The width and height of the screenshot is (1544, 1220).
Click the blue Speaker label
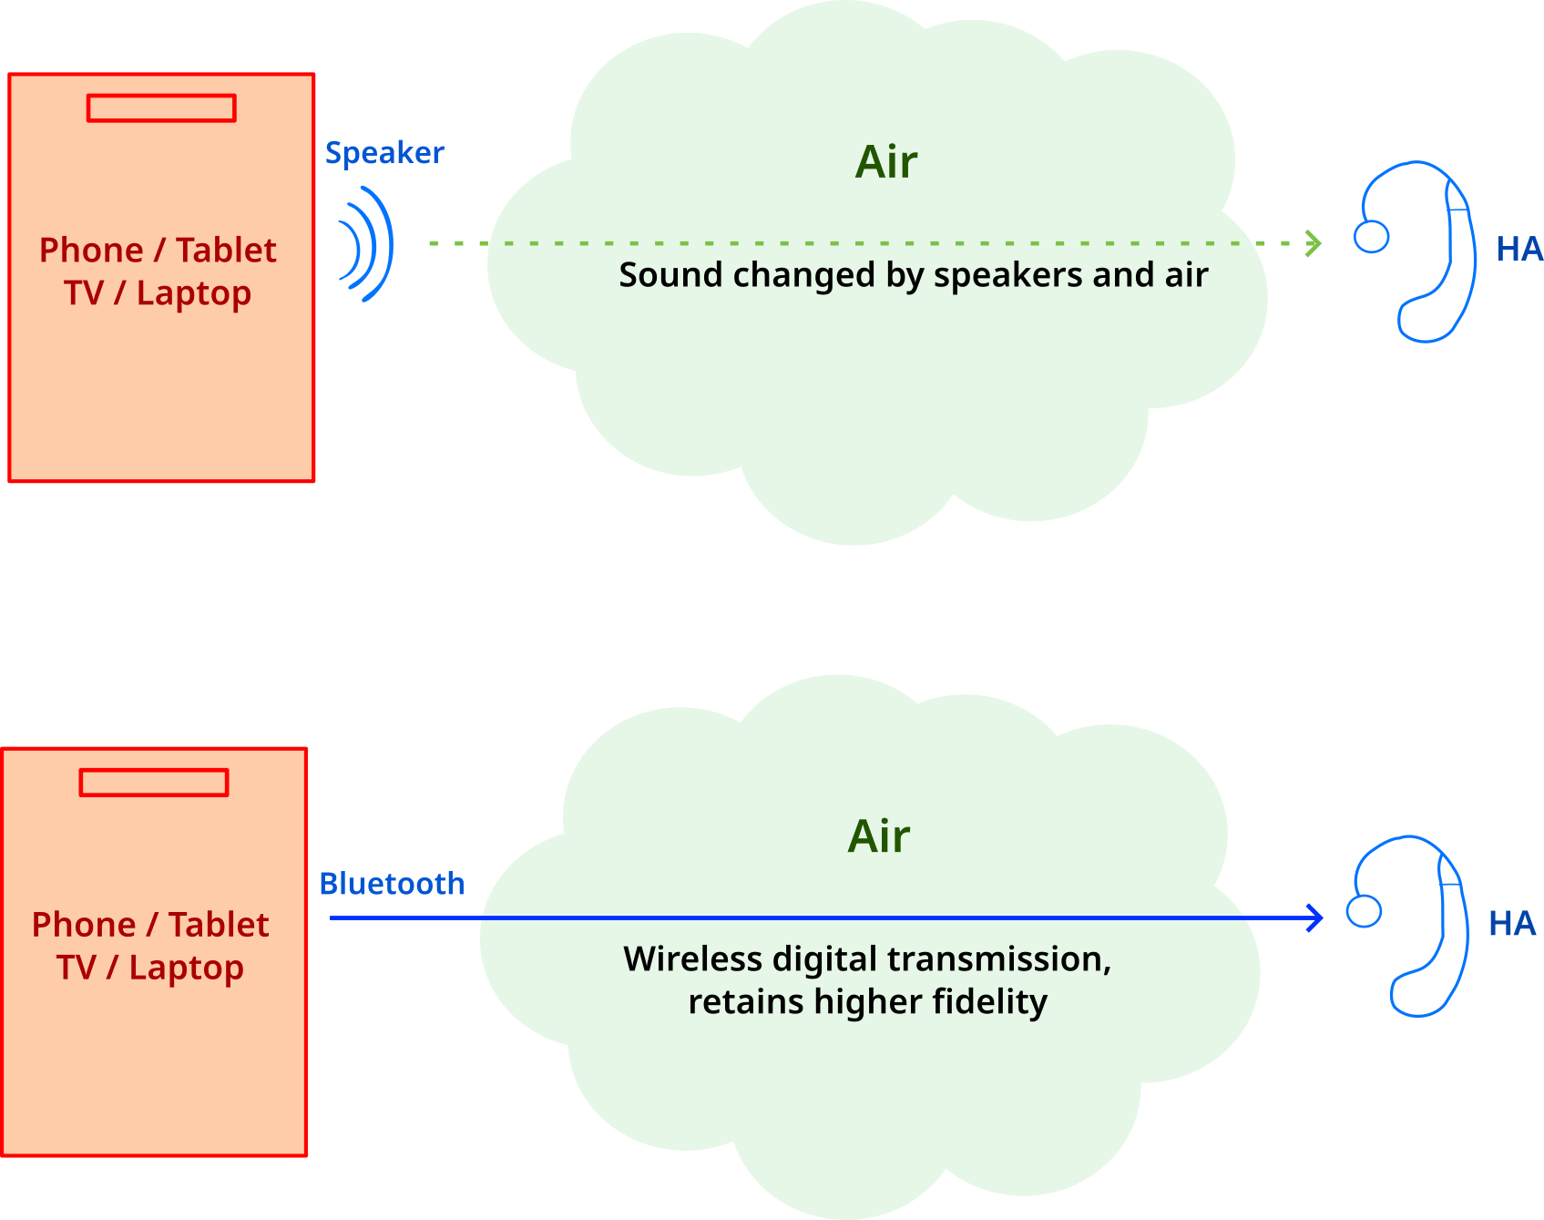click(384, 153)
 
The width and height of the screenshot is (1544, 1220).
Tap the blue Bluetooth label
click(392, 884)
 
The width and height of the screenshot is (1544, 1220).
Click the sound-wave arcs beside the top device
click(367, 243)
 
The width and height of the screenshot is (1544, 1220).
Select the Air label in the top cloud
click(886, 162)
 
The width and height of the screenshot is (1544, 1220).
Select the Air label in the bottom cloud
click(879, 836)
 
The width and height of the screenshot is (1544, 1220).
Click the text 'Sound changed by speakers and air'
click(913, 275)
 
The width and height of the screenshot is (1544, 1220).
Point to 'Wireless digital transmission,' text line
click(867, 959)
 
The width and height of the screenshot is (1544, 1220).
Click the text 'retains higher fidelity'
click(867, 1002)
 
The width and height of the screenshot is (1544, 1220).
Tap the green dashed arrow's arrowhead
click(1313, 243)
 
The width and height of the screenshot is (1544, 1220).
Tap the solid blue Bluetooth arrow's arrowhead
click(1314, 918)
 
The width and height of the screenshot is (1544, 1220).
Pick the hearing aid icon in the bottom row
click(1409, 926)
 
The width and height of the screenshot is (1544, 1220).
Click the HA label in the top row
click(1518, 249)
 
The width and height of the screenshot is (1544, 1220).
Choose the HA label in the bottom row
click(1511, 924)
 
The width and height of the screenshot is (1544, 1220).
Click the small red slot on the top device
click(161, 108)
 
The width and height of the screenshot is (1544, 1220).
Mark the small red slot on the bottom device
click(154, 782)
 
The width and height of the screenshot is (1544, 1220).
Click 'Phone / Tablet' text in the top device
click(158, 251)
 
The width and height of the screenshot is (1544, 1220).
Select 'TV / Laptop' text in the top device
click(158, 293)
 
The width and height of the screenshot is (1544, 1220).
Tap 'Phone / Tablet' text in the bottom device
click(150, 925)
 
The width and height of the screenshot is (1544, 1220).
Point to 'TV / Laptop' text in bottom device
click(150, 968)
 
